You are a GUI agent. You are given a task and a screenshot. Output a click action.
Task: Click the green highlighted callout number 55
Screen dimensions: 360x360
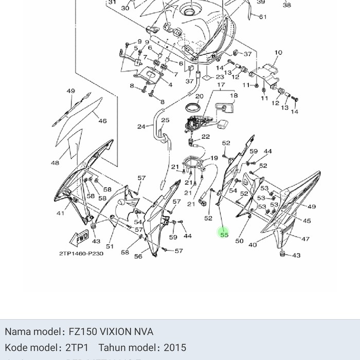pyautogui.click(x=224, y=235)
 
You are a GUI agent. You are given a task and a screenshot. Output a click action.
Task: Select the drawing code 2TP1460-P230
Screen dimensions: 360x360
pyautogui.click(x=81, y=254)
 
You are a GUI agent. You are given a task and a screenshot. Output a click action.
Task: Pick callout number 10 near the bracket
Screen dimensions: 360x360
pyautogui.click(x=278, y=52)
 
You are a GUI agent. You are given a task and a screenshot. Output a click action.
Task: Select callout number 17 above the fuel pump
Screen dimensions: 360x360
pyautogui.click(x=221, y=85)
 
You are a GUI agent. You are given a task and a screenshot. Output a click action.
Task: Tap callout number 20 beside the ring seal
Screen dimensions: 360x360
pyautogui.click(x=199, y=96)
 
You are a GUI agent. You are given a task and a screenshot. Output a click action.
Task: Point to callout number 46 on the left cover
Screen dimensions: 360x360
pyautogui.click(x=102, y=121)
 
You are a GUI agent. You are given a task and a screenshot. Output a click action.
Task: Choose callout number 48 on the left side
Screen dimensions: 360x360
pyautogui.click(x=55, y=163)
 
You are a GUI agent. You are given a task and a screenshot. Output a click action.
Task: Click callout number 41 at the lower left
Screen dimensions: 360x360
pyautogui.click(x=60, y=213)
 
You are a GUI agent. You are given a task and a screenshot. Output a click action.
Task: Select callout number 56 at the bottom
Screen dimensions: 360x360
pyautogui.click(x=138, y=256)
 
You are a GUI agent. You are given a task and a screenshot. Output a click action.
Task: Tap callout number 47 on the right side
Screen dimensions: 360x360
pyautogui.click(x=305, y=239)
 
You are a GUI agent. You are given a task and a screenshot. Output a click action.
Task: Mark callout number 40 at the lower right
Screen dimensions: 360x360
pyautogui.click(x=252, y=245)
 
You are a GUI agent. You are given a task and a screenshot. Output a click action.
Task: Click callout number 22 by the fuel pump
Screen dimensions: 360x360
pyautogui.click(x=205, y=137)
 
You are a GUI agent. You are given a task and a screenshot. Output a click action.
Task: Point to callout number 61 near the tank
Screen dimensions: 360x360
pyautogui.click(x=263, y=17)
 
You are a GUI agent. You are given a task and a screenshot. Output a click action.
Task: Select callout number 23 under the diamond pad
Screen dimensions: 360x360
pyautogui.click(x=220, y=77)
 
